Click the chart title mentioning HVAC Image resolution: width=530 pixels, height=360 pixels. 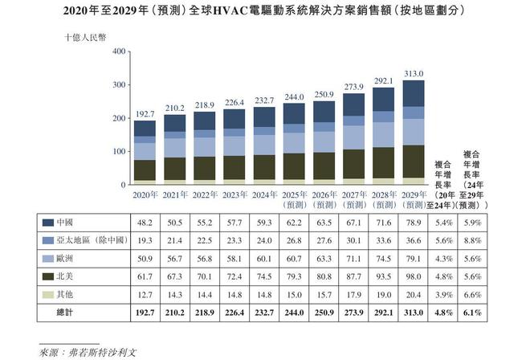click(x=265, y=12)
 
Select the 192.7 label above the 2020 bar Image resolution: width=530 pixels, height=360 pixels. click(x=145, y=113)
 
